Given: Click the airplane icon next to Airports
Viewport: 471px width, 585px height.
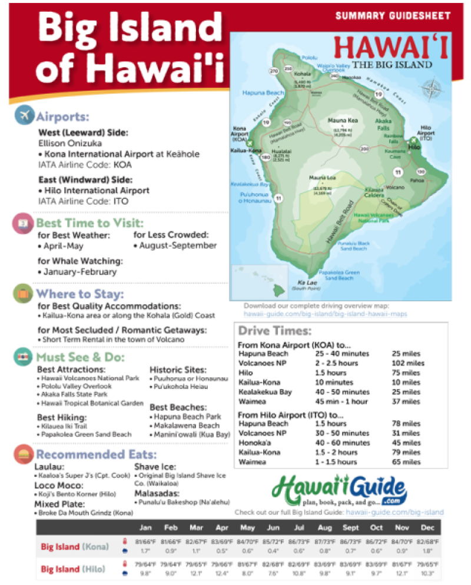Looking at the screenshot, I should (x=24, y=115).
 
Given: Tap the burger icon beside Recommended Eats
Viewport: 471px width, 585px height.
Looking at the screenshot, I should (x=24, y=454).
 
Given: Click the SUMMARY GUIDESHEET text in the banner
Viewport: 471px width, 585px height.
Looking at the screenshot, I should (x=393, y=16).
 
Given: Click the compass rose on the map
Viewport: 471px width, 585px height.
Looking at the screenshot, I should (x=432, y=89).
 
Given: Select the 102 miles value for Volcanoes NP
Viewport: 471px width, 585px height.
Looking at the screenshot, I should (x=407, y=363).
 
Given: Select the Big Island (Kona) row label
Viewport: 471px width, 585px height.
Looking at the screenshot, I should (x=75, y=547).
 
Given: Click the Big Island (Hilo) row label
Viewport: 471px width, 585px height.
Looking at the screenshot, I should (x=73, y=569).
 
